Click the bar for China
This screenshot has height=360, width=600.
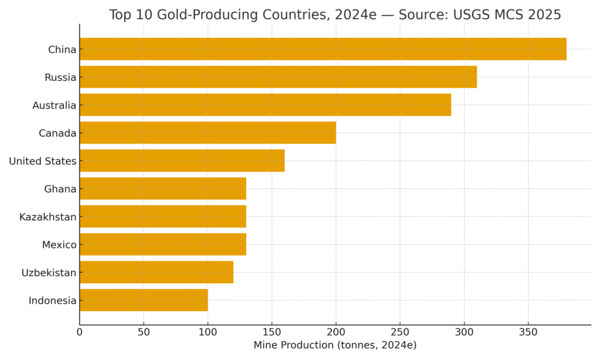point(323,49)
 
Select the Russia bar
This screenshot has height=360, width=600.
point(278,77)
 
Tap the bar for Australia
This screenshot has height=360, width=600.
point(265,105)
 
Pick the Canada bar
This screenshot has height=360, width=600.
point(207,133)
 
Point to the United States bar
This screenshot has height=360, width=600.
point(182,161)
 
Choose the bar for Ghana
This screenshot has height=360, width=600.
point(162,188)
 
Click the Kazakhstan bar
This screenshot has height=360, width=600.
point(162,216)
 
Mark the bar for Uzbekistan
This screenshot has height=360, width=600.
point(156,272)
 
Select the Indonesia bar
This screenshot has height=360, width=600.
point(144,300)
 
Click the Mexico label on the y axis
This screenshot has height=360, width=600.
point(59,244)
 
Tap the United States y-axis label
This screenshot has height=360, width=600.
point(43,161)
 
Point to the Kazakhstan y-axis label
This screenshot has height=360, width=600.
point(47,217)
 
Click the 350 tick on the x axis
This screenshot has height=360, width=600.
point(528,332)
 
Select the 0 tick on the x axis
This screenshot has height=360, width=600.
point(80,332)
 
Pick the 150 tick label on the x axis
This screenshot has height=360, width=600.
point(272,332)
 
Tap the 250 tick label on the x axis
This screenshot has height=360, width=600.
point(400,332)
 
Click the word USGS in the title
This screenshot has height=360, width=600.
point(473,15)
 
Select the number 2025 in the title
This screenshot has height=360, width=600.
point(544,15)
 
